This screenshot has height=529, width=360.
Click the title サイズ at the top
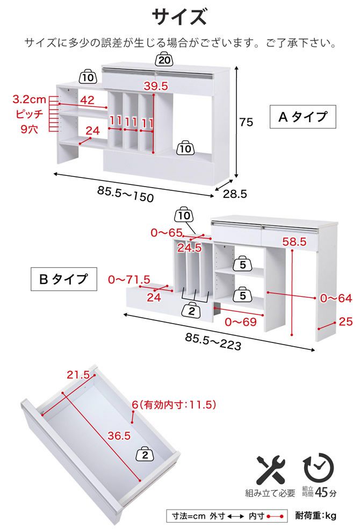click(179, 17)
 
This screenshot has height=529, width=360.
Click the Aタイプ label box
click(303, 117)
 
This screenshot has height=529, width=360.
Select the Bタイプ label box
click(64, 279)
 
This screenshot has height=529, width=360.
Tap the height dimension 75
click(246, 122)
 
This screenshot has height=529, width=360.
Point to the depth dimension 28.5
click(235, 194)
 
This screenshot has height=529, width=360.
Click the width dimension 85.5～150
click(125, 194)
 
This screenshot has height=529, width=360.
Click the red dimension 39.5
click(156, 86)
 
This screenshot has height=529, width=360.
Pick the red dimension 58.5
click(294, 241)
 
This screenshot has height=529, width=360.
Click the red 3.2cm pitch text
click(30, 99)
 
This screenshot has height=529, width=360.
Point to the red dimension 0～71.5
click(129, 280)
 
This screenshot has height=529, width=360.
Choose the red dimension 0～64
click(336, 298)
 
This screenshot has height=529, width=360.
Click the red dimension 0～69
click(241, 322)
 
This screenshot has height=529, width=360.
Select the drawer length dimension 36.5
click(119, 435)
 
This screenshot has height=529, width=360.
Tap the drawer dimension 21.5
click(78, 375)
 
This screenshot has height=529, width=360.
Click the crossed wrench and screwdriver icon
click(271, 470)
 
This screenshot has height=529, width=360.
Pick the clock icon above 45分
click(319, 468)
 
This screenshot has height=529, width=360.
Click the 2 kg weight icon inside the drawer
click(145, 454)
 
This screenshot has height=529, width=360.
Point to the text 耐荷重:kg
click(315, 516)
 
